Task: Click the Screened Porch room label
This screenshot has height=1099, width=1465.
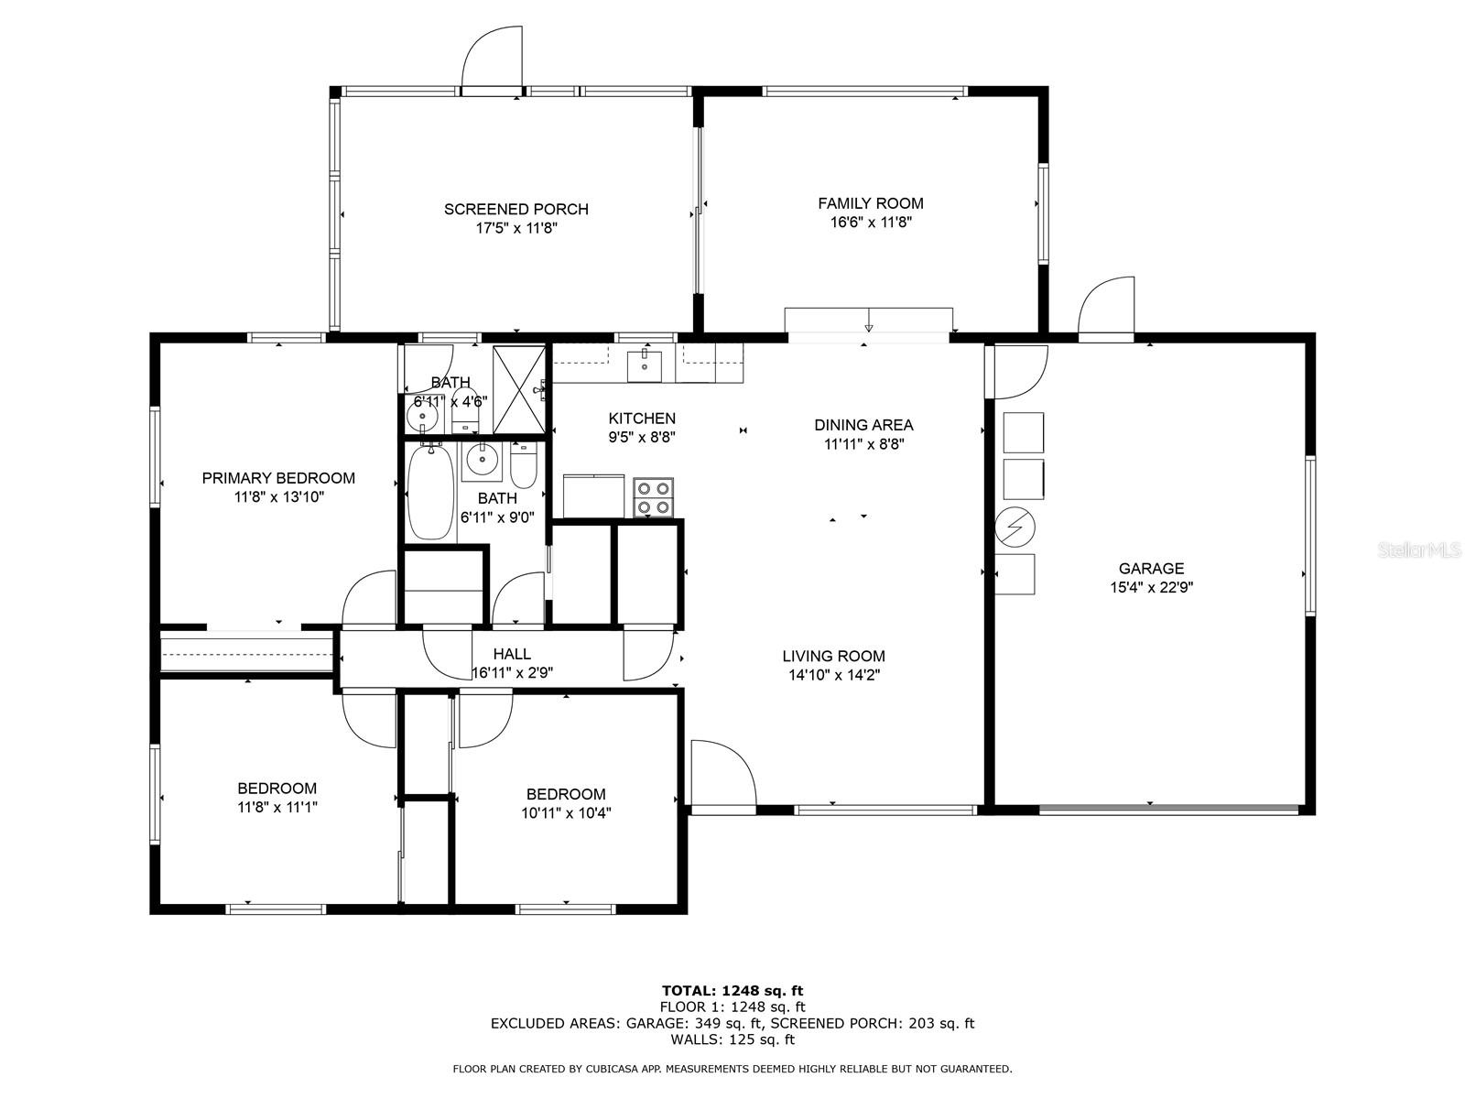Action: [x=515, y=210]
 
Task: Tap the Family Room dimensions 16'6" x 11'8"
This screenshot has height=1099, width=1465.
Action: [x=871, y=223]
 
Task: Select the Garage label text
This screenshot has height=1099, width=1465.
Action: [x=1151, y=569]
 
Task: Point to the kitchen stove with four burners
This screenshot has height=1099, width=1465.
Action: [x=653, y=498]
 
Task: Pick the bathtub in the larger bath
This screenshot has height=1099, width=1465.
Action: [x=431, y=492]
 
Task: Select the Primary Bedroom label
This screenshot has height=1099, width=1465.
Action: [x=278, y=478]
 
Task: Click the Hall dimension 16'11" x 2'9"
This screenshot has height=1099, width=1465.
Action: [x=512, y=672]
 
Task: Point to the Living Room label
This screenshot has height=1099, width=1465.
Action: [x=833, y=657]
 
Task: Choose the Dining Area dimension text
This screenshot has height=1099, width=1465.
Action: [x=863, y=444]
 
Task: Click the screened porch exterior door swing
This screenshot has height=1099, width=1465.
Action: [x=492, y=57]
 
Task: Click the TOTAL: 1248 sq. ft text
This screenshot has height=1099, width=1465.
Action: [x=732, y=991]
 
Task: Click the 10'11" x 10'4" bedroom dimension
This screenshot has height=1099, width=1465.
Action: [x=566, y=813]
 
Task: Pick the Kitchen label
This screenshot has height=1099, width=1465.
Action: [x=642, y=419]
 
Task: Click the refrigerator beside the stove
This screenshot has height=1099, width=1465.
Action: [x=594, y=496]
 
